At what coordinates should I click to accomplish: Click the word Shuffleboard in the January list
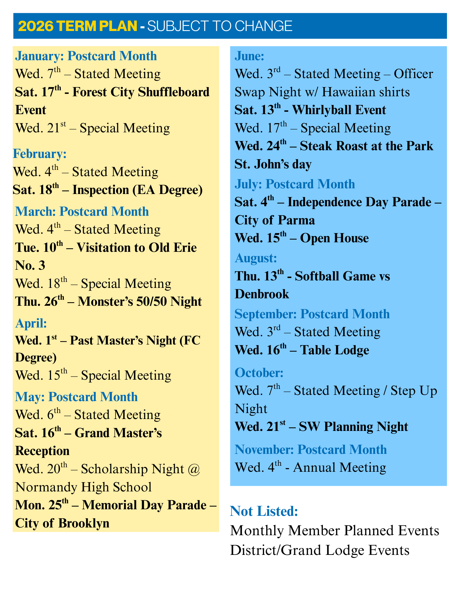(x=171, y=92)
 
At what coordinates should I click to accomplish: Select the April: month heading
(x=31, y=323)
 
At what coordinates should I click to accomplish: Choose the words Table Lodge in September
(x=334, y=350)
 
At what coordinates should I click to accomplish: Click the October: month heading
(x=259, y=373)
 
